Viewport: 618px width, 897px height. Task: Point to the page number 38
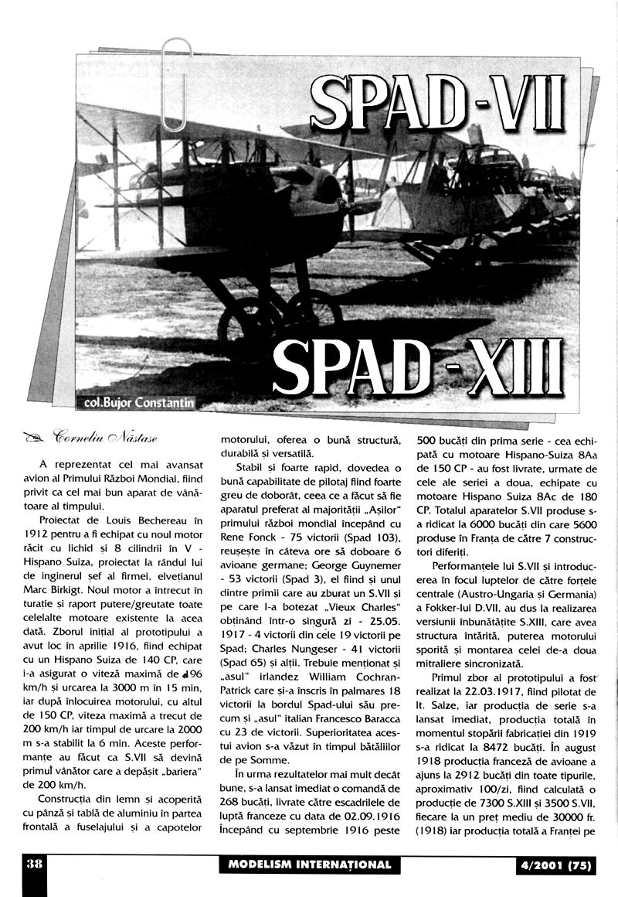click(x=33, y=864)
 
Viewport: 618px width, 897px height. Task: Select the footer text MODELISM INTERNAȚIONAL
click(x=310, y=865)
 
